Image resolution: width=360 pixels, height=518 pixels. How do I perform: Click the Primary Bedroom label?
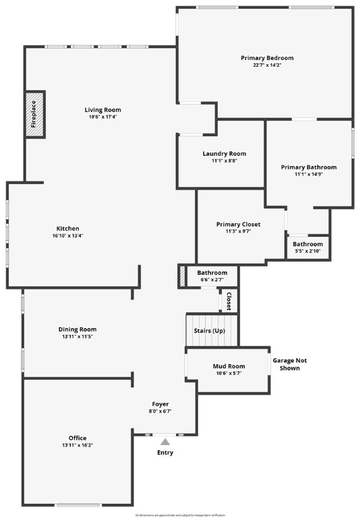(x=267, y=58)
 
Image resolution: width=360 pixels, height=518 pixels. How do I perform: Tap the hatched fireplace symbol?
(x=35, y=114)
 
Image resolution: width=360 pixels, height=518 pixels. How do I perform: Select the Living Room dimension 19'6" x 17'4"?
(x=102, y=117)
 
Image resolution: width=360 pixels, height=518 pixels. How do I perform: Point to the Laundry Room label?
(x=224, y=154)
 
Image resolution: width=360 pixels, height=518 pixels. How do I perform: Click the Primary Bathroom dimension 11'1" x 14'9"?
(x=308, y=175)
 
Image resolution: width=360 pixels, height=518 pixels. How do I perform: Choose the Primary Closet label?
(x=238, y=224)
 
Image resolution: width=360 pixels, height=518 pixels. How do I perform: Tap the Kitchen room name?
(x=67, y=228)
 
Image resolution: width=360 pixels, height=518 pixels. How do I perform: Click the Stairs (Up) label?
(x=209, y=331)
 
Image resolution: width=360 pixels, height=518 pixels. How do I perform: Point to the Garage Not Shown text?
(x=286, y=364)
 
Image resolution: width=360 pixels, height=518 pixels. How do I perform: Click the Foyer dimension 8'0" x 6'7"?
(x=160, y=411)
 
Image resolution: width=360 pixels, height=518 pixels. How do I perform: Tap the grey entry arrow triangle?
(x=165, y=441)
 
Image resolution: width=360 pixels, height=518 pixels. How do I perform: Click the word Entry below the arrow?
(x=165, y=453)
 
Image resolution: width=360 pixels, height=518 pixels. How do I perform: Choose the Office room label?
(x=78, y=438)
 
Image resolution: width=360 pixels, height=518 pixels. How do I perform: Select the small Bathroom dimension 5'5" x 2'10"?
(x=307, y=252)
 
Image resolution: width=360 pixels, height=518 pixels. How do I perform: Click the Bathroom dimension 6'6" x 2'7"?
(x=212, y=280)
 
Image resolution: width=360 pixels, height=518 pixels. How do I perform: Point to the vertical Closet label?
(x=229, y=301)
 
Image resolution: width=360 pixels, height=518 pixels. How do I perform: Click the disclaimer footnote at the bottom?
(x=179, y=515)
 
